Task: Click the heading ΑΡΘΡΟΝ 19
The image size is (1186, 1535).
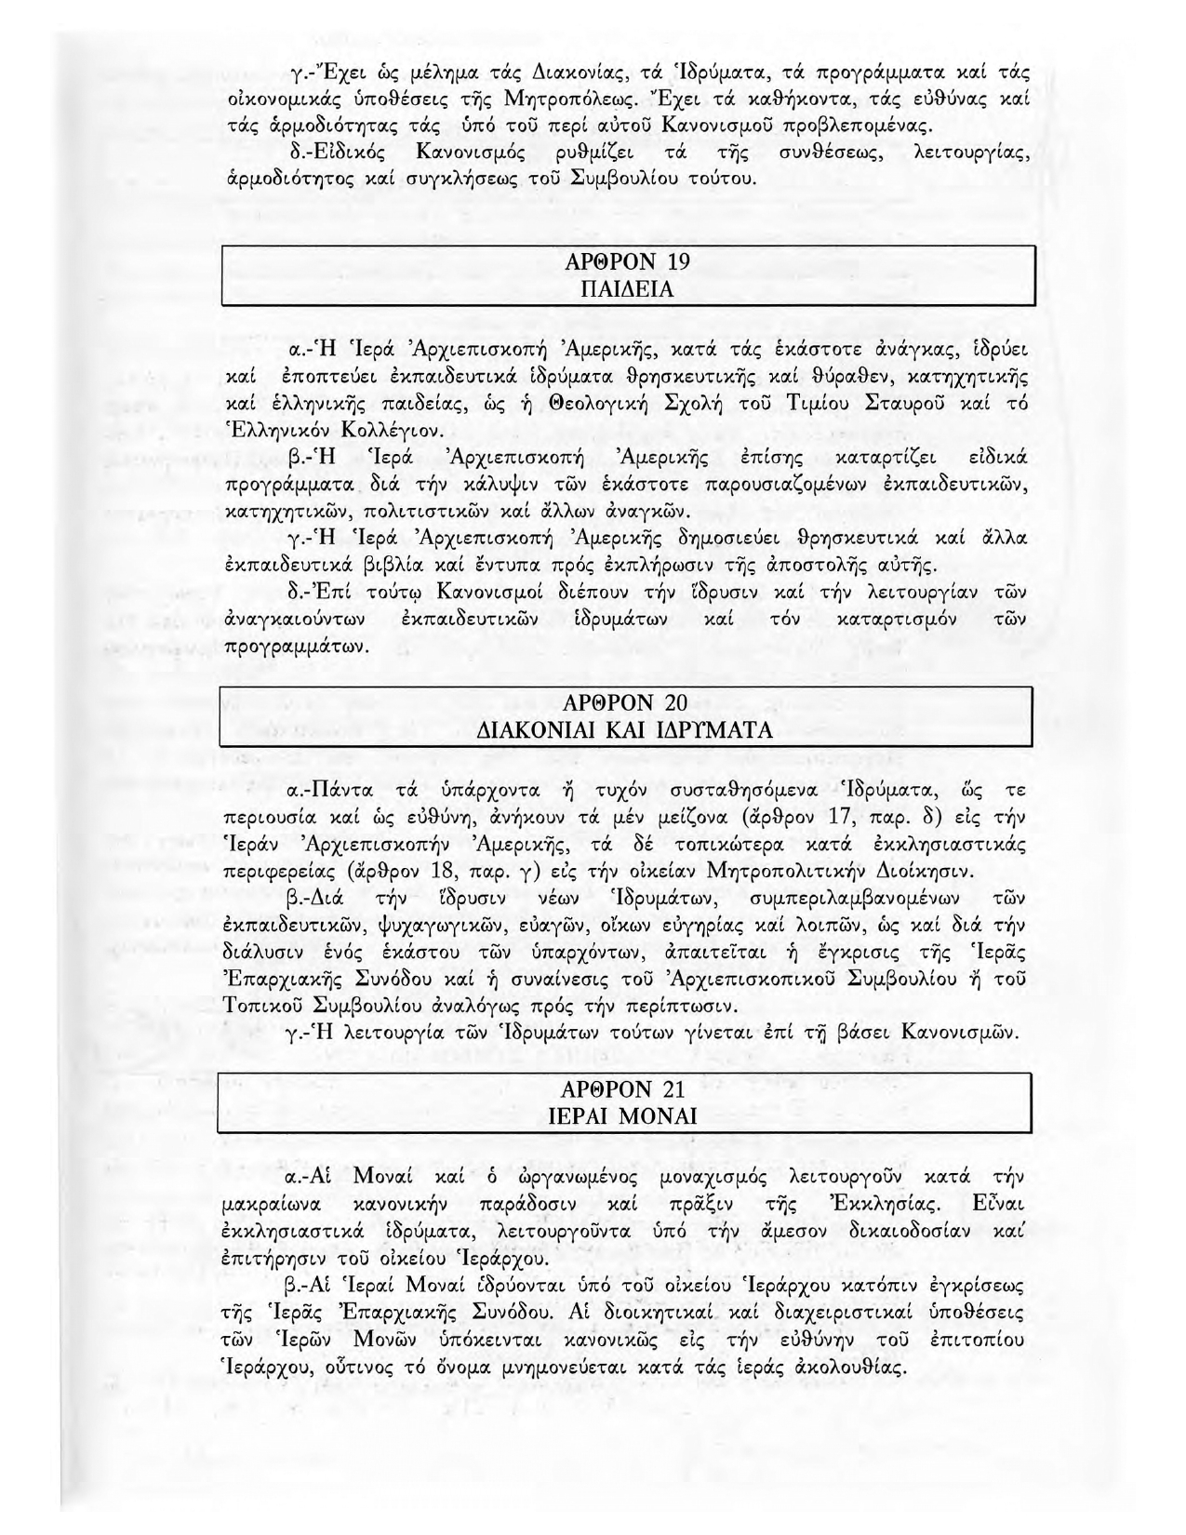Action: [x=627, y=261]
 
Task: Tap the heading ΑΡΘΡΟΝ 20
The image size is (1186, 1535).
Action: [x=627, y=701]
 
